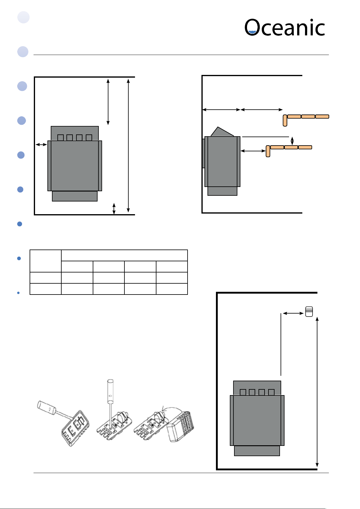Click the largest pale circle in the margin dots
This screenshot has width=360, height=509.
(x=23, y=17)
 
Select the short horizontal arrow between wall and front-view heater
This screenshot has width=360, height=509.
(x=41, y=144)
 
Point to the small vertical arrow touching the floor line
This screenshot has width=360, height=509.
(x=114, y=209)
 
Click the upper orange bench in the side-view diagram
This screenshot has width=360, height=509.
(x=306, y=120)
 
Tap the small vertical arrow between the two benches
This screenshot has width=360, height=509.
(x=292, y=141)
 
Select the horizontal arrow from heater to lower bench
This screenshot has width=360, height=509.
(x=253, y=151)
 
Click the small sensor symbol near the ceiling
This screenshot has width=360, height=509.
(x=309, y=311)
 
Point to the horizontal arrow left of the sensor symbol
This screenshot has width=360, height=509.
(x=293, y=313)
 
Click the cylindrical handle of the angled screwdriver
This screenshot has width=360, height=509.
(x=46, y=408)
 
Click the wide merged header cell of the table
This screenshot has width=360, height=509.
(x=124, y=255)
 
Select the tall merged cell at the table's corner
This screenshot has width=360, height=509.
(x=45, y=261)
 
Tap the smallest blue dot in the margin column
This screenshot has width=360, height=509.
(x=18, y=293)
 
